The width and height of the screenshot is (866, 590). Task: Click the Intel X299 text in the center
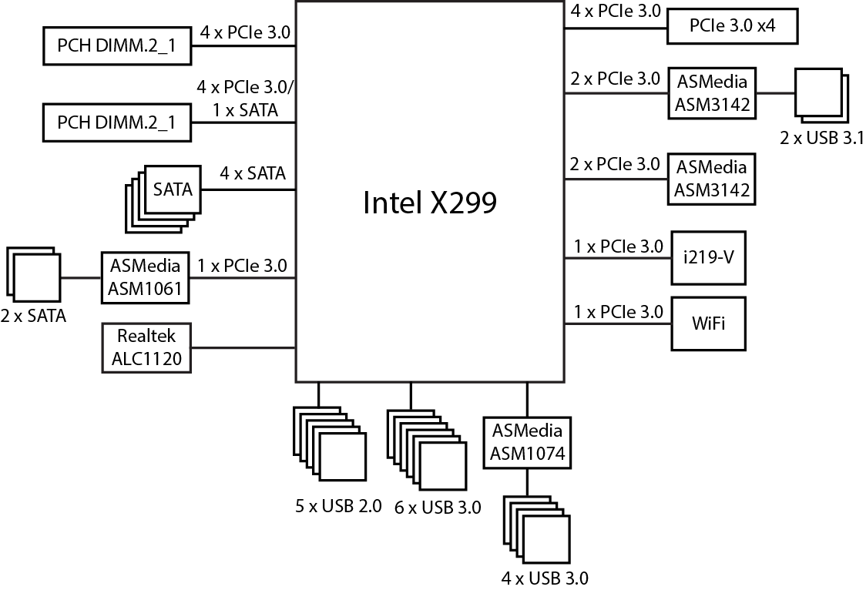pyautogui.click(x=429, y=203)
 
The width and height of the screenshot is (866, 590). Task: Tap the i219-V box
pyautogui.click(x=708, y=256)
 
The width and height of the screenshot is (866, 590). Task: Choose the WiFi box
pyautogui.click(x=708, y=323)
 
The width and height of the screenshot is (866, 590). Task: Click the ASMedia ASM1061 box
pyautogui.click(x=146, y=277)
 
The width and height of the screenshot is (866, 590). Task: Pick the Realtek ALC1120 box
pyautogui.click(x=146, y=347)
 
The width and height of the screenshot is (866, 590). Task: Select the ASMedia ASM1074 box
pyautogui.click(x=528, y=442)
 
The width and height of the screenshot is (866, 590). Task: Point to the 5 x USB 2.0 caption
pyautogui.click(x=338, y=506)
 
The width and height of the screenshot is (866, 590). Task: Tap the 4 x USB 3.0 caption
pyautogui.click(x=545, y=577)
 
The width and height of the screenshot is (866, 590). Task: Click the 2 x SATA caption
pyautogui.click(x=33, y=315)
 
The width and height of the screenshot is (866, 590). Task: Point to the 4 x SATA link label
pyautogui.click(x=252, y=174)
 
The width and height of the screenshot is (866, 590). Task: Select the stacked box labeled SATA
pyautogui.click(x=173, y=189)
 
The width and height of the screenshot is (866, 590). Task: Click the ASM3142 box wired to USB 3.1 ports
pyautogui.click(x=712, y=92)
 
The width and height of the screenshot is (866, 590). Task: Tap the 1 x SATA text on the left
pyautogui.click(x=246, y=110)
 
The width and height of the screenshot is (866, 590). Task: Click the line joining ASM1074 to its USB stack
pyautogui.click(x=527, y=482)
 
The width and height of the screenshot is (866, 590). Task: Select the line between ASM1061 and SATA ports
pyautogui.click(x=80, y=278)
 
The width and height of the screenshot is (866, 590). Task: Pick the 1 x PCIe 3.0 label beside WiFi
pyautogui.click(x=618, y=312)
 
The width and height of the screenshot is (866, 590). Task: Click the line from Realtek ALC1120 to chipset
pyautogui.click(x=243, y=348)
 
